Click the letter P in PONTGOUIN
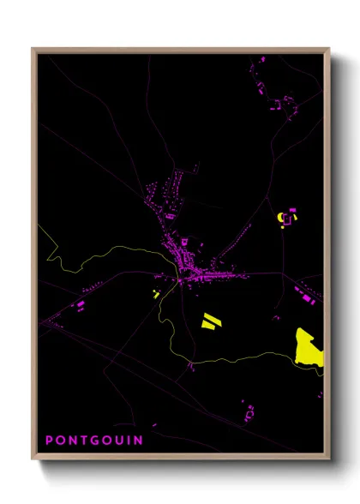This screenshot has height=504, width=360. pyautogui.click(x=50, y=441)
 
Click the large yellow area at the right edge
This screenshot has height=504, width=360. pyautogui.click(x=310, y=347)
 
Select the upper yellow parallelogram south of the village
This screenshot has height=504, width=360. pyautogui.click(x=212, y=315)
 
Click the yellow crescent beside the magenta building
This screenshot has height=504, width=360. pyautogui.click(x=282, y=220)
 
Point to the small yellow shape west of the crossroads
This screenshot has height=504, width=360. pyautogui.click(x=156, y=293)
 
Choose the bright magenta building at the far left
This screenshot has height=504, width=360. pyautogui.click(x=82, y=303)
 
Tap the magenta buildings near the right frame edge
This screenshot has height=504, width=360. pyautogui.click(x=309, y=296)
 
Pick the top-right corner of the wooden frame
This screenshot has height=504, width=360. pyautogui.click(x=329, y=49)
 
